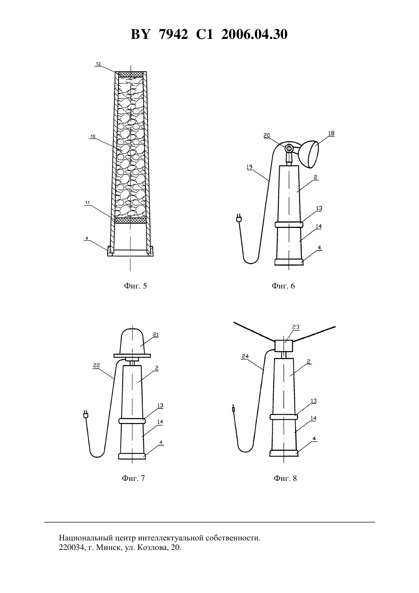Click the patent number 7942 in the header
pos(173,34)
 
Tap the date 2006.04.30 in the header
pos(254,34)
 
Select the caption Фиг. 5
pos(135,286)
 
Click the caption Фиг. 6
pos(283,286)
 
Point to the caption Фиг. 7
pos(133,478)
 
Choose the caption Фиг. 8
pos(285,478)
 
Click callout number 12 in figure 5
pos(98,64)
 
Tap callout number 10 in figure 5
pos(93,136)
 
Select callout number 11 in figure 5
pos(87,202)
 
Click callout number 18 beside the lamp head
pos(331,133)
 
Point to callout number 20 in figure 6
pos(267,136)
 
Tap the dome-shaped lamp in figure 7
pos(133,341)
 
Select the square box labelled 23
pos(284,346)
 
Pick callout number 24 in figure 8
pos(245,356)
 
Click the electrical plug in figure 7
pos(85,414)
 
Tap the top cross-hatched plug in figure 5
pos(130,74)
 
